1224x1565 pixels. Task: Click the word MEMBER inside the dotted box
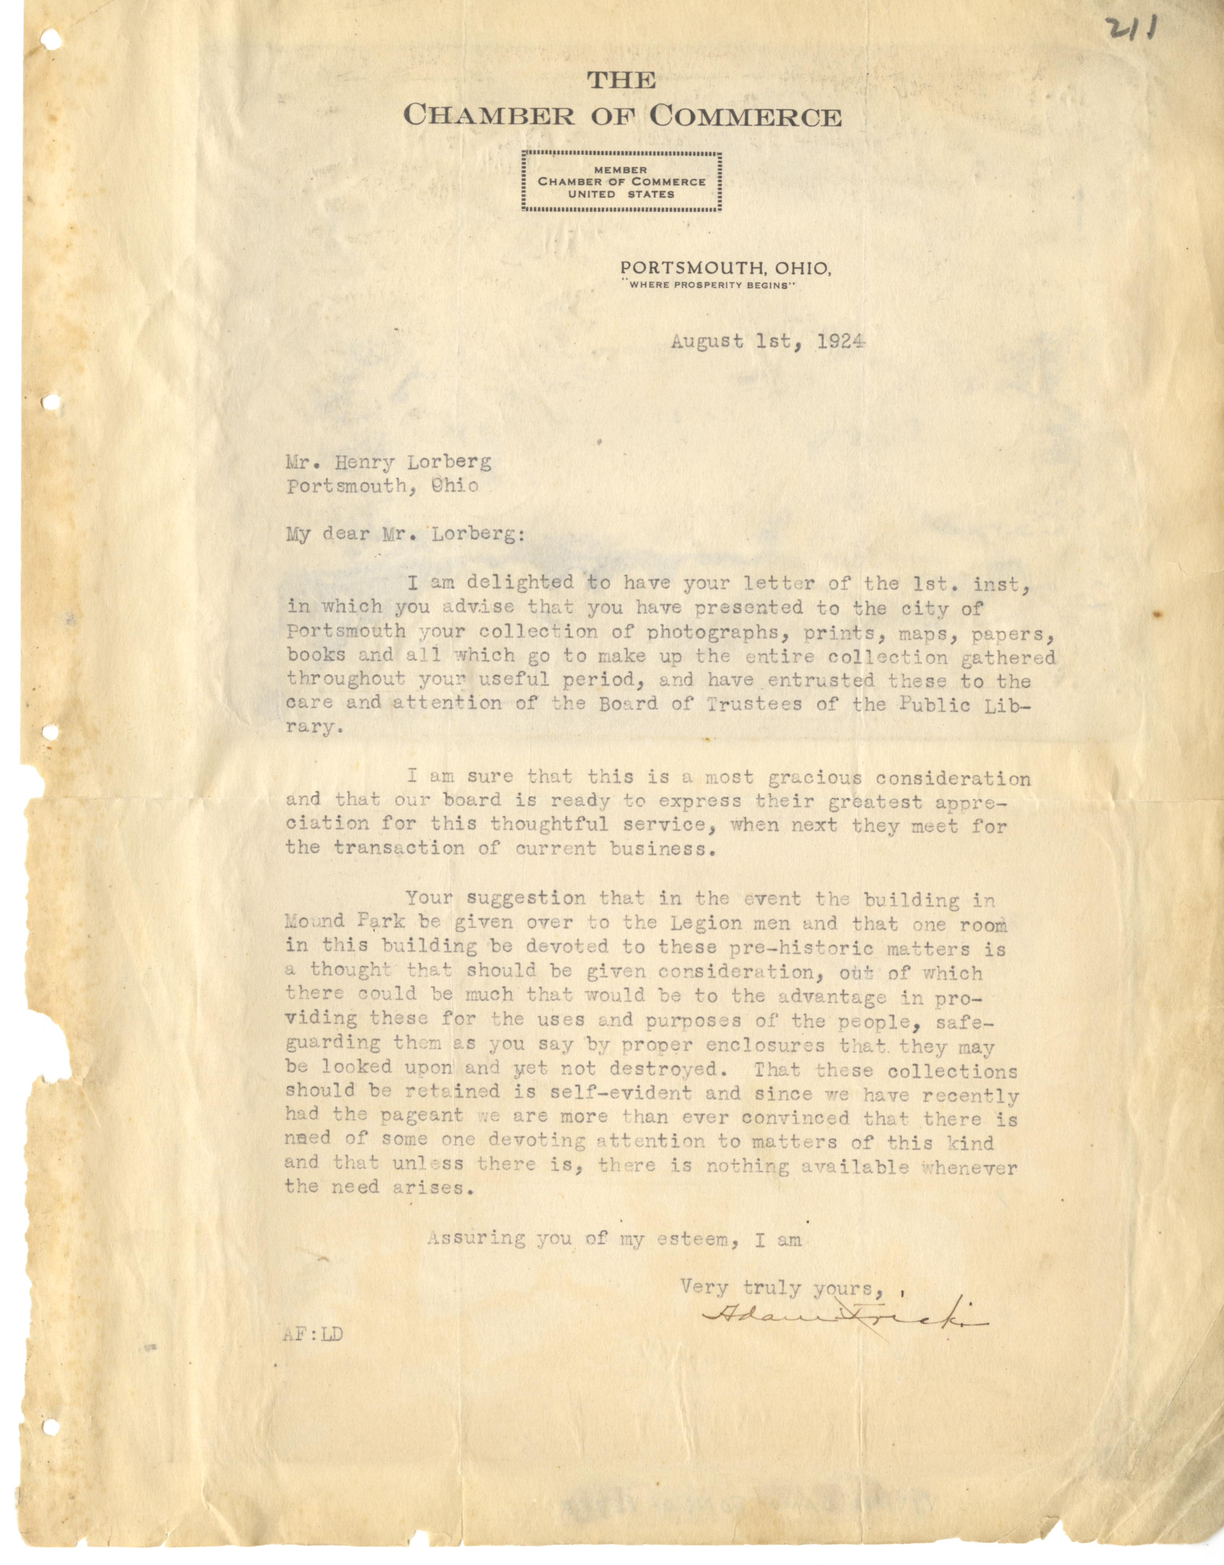coord(621,170)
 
